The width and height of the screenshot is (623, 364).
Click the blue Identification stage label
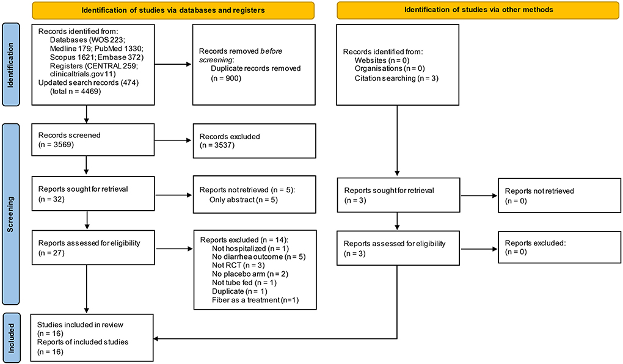click(11, 64)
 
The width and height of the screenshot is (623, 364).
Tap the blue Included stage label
click(11, 338)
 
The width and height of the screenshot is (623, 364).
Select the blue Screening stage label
click(11, 214)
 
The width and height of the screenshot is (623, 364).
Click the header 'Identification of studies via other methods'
click(478, 10)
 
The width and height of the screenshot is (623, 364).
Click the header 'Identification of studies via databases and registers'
click(173, 10)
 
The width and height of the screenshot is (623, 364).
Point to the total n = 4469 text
click(76, 92)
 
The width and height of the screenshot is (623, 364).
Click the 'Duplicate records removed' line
click(256, 68)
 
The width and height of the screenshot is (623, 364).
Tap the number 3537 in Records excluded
click(224, 145)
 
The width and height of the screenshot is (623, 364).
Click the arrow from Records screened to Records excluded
click(173, 140)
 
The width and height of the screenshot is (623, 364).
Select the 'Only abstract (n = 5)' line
click(244, 200)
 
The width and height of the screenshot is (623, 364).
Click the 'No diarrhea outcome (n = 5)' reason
click(258, 257)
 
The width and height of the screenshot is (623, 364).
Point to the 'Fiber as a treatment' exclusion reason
click(255, 300)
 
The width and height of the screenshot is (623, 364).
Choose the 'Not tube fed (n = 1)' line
click(244, 283)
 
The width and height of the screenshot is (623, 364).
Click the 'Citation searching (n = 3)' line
click(396, 78)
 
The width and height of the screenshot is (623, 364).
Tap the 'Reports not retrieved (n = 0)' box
click(559, 195)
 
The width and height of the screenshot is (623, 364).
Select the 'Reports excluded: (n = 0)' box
click(559, 248)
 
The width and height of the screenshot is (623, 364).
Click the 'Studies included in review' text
click(80, 325)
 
